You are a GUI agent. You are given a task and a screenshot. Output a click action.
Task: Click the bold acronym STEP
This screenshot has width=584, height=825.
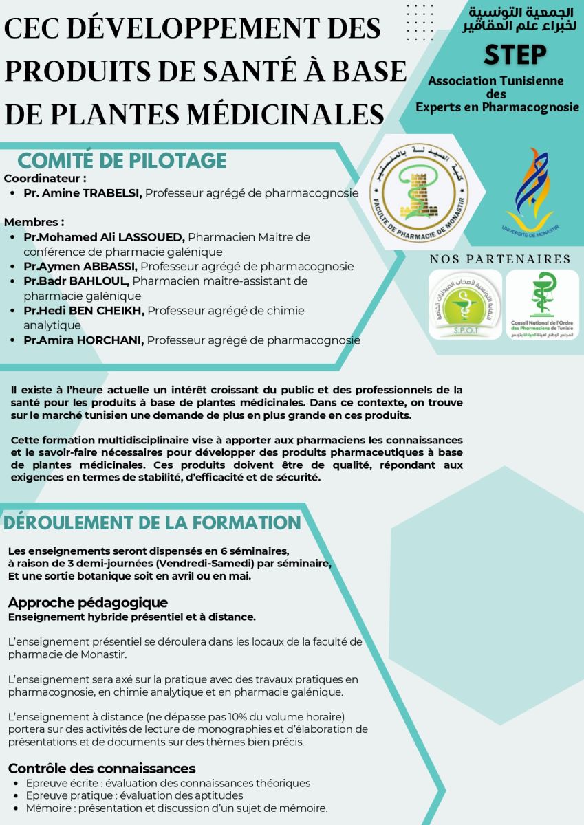pyautogui.click(x=515, y=55)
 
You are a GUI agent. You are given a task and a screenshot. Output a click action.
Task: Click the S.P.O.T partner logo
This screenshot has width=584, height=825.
pyautogui.click(x=465, y=305)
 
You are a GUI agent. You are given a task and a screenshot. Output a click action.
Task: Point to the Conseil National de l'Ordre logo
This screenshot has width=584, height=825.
pyautogui.click(x=543, y=305)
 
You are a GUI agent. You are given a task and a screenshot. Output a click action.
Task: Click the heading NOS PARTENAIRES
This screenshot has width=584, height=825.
pyautogui.click(x=500, y=259)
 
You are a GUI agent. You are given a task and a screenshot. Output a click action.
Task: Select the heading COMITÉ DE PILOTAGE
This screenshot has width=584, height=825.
pyautogui.click(x=122, y=161)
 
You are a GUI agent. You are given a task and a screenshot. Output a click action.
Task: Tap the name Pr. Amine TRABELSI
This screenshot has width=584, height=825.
pyautogui.click(x=83, y=193)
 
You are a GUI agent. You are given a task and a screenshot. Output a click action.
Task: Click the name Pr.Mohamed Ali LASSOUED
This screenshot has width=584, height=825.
pyautogui.click(x=104, y=237)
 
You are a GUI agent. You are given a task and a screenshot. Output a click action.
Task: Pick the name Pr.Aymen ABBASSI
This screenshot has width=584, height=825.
pyautogui.click(x=80, y=266)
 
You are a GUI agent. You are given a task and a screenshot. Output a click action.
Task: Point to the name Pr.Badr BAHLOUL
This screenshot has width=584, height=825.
pyautogui.click(x=76, y=281)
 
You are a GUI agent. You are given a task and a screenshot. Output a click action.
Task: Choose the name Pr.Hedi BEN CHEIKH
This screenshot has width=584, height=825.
pyautogui.click(x=84, y=311)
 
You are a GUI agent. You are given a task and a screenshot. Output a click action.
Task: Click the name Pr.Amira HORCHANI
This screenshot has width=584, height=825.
pyautogui.click(x=84, y=340)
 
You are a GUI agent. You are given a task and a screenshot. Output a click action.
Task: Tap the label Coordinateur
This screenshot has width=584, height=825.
pyautogui.click(x=43, y=179)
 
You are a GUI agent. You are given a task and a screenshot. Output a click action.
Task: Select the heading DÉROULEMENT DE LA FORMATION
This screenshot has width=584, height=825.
pyautogui.click(x=153, y=522)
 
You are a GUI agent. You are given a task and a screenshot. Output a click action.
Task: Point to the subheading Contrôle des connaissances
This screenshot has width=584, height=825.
pyautogui.click(x=102, y=769)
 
